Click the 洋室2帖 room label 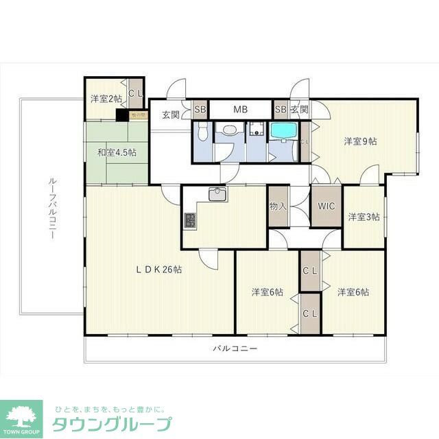[x=105, y=99]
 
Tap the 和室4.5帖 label [x=116, y=152]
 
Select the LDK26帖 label [x=158, y=270]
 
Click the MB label [x=240, y=109]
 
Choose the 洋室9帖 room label [x=360, y=141]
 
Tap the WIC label [x=325, y=205]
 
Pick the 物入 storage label [x=277, y=205]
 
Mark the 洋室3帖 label [x=363, y=217]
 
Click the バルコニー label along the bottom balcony [x=235, y=348]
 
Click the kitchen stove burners [x=190, y=221]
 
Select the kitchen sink [x=218, y=194]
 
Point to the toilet [x=202, y=132]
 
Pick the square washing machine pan [x=257, y=128]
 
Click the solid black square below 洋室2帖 [x=122, y=115]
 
